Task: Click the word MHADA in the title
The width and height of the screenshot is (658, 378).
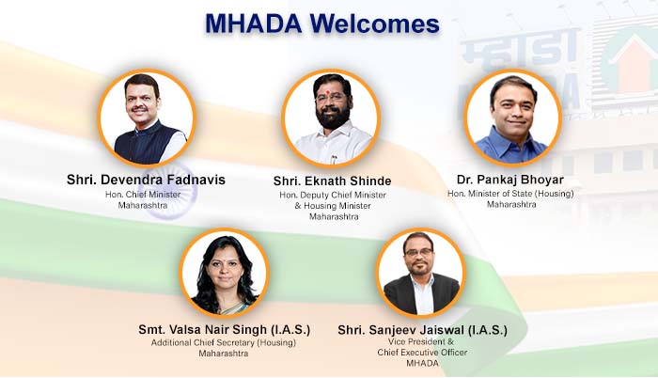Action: [x=254, y=24]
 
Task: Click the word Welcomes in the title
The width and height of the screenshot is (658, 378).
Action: [x=375, y=24]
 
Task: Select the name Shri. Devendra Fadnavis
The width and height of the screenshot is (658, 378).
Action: [x=146, y=180]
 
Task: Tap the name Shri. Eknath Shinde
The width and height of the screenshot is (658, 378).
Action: [x=333, y=181]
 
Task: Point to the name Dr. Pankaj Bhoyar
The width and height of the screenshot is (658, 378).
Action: [x=510, y=180]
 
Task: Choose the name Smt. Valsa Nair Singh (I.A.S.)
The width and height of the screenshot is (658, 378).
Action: [x=225, y=329]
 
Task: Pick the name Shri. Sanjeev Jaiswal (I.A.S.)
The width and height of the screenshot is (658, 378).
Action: [x=423, y=330]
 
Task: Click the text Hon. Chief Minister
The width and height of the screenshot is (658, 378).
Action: [x=143, y=195]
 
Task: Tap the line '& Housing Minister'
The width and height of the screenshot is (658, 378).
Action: [x=333, y=206]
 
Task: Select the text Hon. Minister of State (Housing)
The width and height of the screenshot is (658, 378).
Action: [x=510, y=194]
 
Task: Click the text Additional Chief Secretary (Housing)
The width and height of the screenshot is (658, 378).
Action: [x=224, y=342]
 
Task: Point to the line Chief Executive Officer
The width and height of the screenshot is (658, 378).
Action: [x=422, y=353]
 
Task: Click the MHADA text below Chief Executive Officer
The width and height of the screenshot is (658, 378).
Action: [x=423, y=363]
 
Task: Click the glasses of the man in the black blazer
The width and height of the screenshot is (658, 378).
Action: [x=418, y=252]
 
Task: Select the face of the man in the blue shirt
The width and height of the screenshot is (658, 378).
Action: [x=513, y=110]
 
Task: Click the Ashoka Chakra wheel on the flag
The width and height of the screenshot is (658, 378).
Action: [x=170, y=191]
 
